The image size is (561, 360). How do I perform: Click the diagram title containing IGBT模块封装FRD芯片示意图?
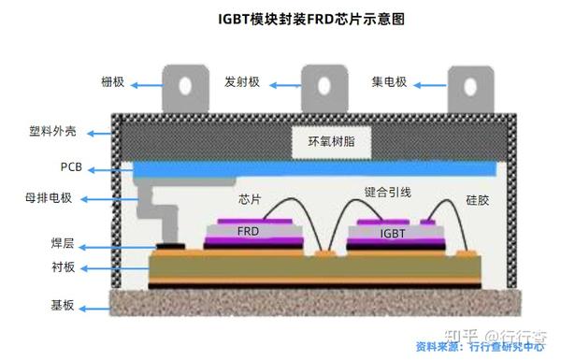click(x=280, y=19)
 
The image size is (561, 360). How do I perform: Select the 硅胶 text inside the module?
click(x=478, y=199)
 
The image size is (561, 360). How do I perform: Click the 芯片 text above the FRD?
click(x=250, y=199)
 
